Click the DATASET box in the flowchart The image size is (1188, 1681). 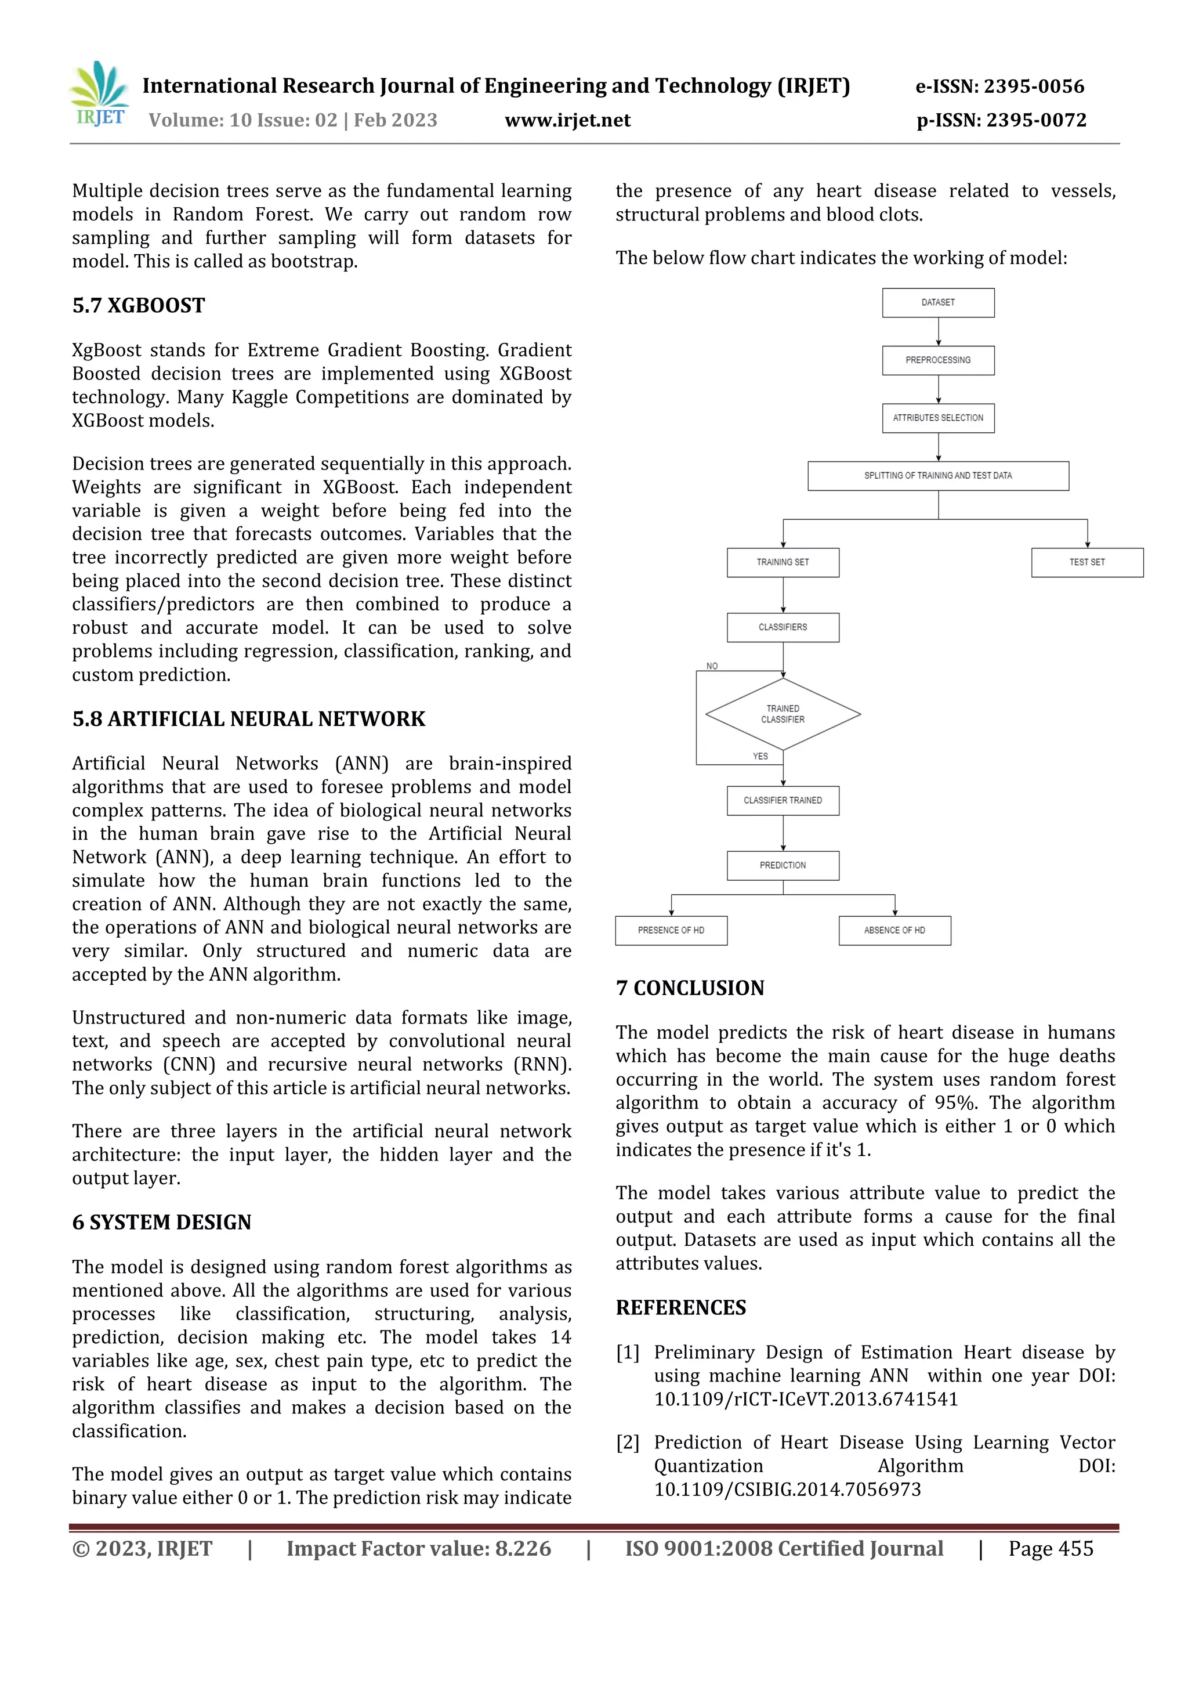click(x=937, y=302)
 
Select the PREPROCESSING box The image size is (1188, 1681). click(x=937, y=360)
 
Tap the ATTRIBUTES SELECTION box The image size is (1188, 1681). click(x=937, y=418)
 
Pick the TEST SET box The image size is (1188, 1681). click(x=1087, y=562)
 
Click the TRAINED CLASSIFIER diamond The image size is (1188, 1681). click(x=783, y=714)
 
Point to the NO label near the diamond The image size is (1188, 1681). click(x=712, y=666)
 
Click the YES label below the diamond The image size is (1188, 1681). click(x=760, y=756)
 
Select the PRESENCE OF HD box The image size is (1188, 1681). click(x=671, y=931)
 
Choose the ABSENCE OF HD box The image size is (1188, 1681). click(x=894, y=931)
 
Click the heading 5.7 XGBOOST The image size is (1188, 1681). click(x=138, y=305)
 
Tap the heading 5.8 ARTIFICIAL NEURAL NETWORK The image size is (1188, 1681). click(x=248, y=719)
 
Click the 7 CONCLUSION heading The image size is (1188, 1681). click(x=690, y=988)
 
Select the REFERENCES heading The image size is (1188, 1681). click(x=681, y=1308)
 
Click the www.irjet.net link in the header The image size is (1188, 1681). click(x=567, y=120)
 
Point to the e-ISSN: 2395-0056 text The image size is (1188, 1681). click(x=999, y=86)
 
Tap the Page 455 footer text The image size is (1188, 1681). click(x=1051, y=1549)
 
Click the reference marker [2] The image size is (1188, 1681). click(x=627, y=1443)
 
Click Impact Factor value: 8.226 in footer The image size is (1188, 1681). click(x=418, y=1549)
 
